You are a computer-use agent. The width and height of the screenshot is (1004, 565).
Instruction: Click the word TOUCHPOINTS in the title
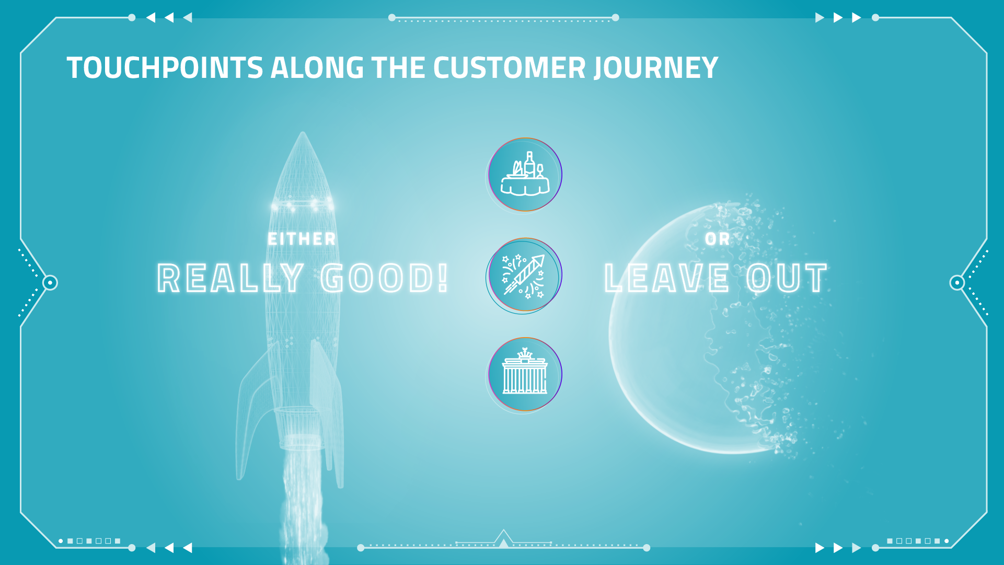pyautogui.click(x=165, y=68)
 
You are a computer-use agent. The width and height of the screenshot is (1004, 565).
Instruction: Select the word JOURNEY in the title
pyautogui.click(x=656, y=68)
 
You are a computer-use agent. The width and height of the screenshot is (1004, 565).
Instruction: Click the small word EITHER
pyautogui.click(x=302, y=239)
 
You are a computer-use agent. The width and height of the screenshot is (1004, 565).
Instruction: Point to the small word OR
pyautogui.click(x=717, y=239)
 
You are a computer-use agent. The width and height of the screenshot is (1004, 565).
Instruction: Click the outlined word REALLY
pyautogui.click(x=230, y=278)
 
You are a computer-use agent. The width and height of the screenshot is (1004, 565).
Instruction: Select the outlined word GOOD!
pyautogui.click(x=384, y=278)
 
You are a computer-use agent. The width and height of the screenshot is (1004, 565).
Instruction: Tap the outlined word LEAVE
pyautogui.click(x=666, y=278)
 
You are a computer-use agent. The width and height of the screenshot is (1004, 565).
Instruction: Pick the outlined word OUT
pyautogui.click(x=787, y=278)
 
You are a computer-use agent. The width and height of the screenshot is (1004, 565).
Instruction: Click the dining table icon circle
pyautogui.click(x=525, y=175)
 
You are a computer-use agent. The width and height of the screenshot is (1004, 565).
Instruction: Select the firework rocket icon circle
pyautogui.click(x=524, y=275)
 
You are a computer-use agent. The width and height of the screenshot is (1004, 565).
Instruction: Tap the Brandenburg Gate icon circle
pyautogui.click(x=525, y=374)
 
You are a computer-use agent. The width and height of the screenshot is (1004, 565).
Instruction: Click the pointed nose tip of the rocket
pyautogui.click(x=302, y=132)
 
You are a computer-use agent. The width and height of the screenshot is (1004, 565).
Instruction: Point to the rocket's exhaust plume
pyautogui.click(x=302, y=502)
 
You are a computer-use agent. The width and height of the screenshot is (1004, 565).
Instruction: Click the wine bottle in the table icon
pyautogui.click(x=529, y=165)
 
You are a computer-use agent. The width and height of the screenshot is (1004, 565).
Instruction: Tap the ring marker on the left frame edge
pyautogui.click(x=50, y=283)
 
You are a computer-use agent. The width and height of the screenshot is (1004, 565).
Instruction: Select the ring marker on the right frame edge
pyautogui.click(x=957, y=283)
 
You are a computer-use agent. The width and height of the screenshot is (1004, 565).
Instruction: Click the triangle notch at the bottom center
pyautogui.click(x=503, y=539)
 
